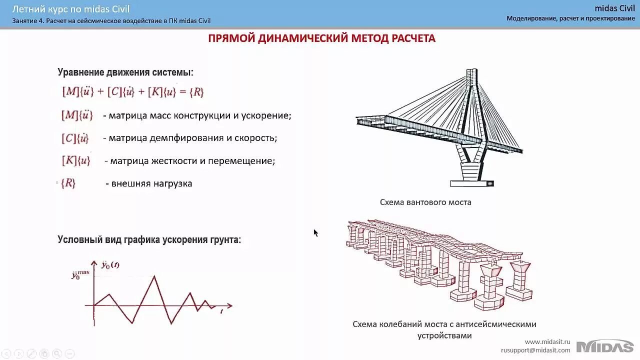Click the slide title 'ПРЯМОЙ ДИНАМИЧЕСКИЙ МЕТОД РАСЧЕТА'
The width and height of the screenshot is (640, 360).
(321, 38)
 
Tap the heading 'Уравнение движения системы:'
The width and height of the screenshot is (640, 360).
(125, 72)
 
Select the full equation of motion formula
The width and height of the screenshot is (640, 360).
(132, 92)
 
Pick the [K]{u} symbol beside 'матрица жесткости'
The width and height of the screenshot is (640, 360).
(76, 160)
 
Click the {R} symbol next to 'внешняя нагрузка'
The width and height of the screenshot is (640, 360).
(68, 183)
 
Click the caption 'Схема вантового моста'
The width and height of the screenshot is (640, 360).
(425, 202)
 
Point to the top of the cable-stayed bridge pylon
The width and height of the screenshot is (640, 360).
(471, 73)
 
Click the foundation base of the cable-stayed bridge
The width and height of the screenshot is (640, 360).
(471, 183)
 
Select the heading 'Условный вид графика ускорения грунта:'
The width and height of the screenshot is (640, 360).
(149, 240)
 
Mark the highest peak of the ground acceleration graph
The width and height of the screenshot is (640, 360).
(154, 276)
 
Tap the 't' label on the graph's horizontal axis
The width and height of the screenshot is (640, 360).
(221, 311)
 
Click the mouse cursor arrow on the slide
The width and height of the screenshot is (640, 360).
(315, 232)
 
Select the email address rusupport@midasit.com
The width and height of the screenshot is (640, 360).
(535, 350)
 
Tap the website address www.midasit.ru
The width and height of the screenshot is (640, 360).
(547, 341)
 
